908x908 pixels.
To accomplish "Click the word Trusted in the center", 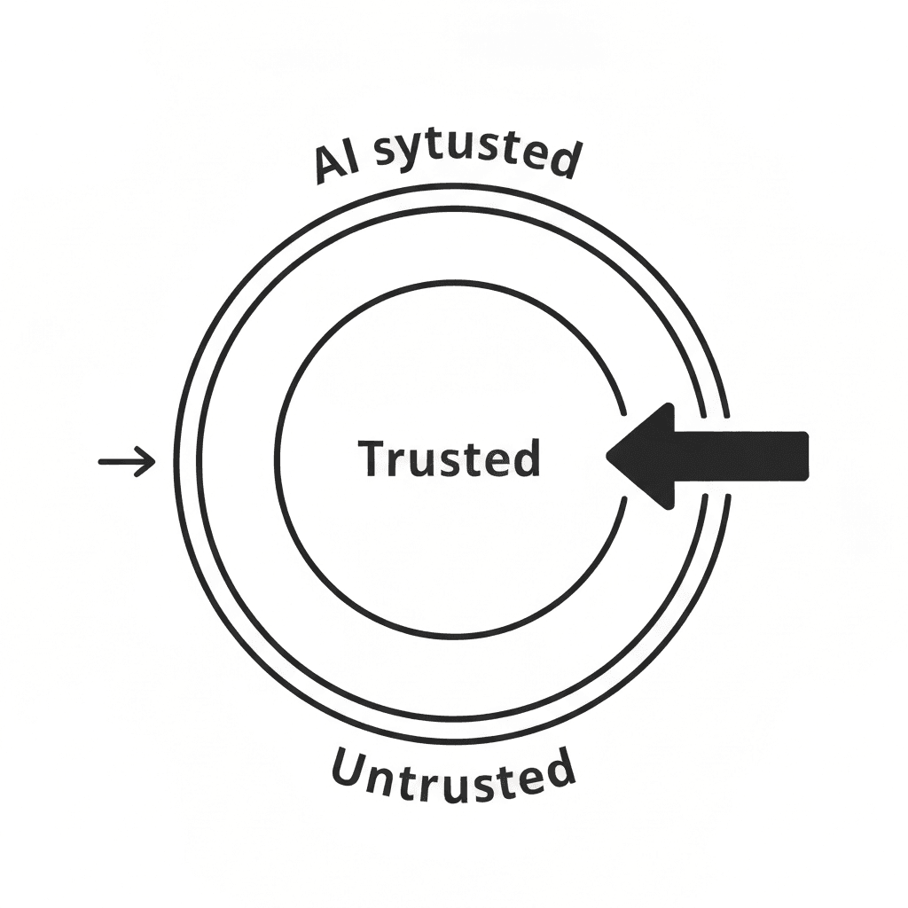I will click(x=450, y=458).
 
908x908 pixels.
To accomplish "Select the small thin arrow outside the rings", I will click(x=127, y=461).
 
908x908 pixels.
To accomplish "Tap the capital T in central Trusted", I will click(x=372, y=458).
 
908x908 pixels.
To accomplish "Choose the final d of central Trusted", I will click(x=527, y=458).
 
